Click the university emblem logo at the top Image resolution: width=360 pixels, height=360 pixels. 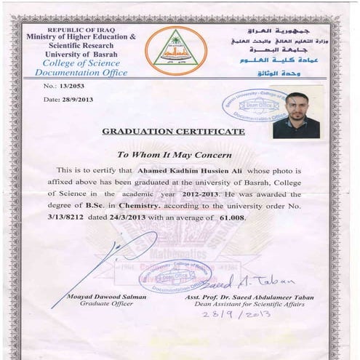coord(176,50)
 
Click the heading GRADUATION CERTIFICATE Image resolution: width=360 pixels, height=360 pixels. coord(173,132)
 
